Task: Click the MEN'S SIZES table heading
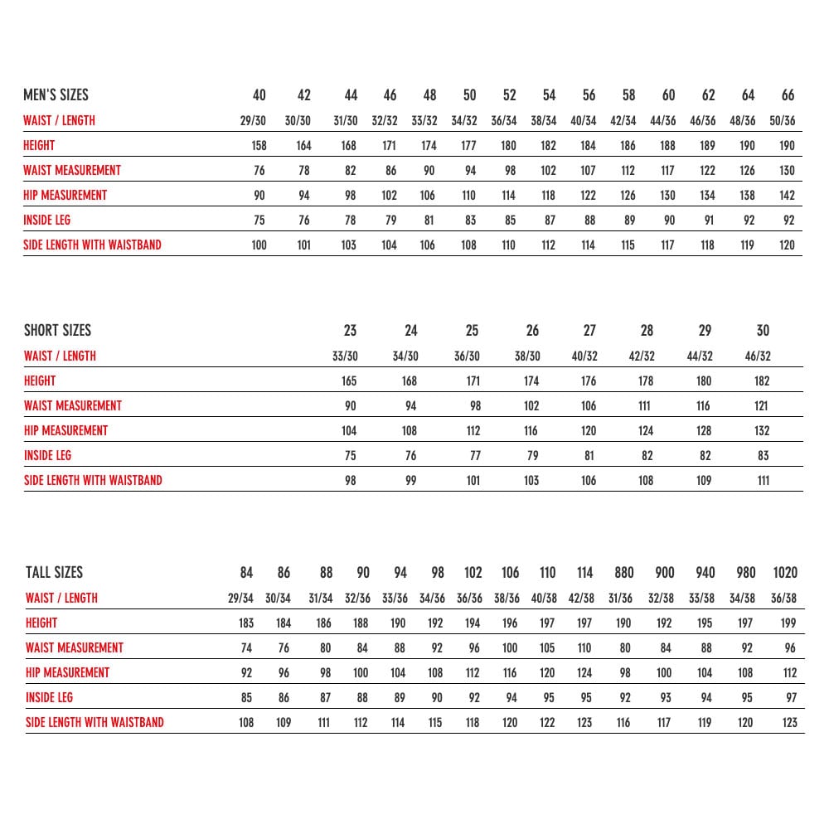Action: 56,95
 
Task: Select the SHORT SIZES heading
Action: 57,330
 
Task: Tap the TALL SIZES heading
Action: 55,572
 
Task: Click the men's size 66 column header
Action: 788,95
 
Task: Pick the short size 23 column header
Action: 350,330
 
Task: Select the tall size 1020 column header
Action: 784,572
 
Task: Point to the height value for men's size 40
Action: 259,145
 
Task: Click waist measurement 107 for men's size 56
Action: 588,170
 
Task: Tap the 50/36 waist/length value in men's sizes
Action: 783,120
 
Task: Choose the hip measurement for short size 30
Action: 763,430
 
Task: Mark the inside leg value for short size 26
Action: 532,455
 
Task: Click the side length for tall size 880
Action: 623,722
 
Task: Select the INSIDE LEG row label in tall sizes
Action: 49,697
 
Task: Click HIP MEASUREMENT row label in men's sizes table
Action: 65,195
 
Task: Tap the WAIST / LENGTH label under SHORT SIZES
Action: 60,356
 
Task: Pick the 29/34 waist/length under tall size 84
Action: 240,598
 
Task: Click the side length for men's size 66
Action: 788,245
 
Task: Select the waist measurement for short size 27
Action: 589,405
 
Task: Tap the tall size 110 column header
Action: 547,572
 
